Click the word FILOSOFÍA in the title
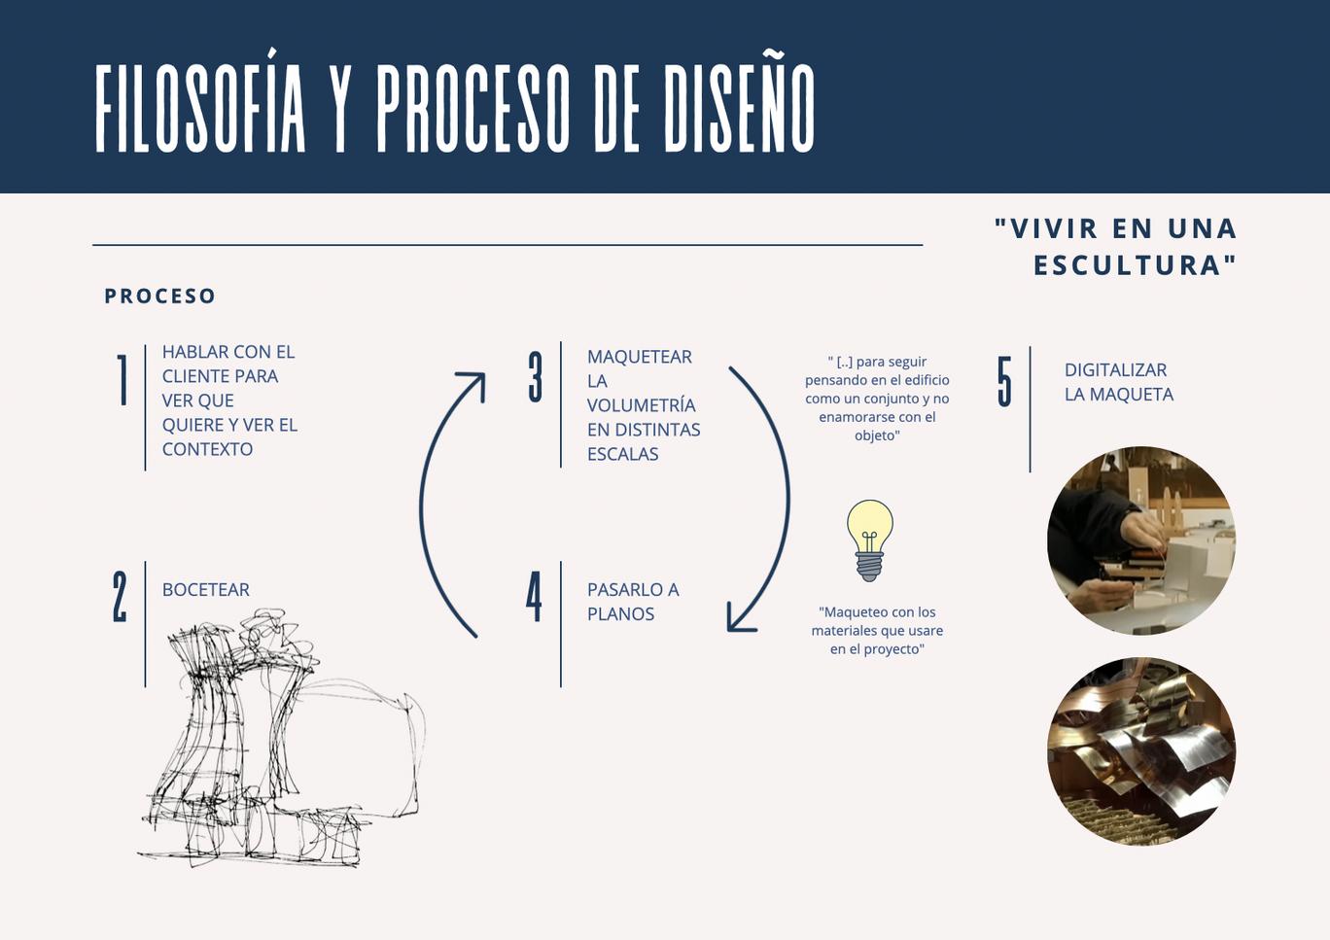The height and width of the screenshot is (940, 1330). [201, 109]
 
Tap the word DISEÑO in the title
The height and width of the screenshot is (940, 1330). [739, 109]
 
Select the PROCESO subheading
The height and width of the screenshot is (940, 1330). [160, 296]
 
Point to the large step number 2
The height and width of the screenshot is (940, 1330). [120, 596]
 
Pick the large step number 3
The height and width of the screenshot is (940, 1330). [535, 377]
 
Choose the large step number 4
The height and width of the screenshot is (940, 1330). [534, 596]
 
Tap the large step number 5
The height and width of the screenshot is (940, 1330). [1004, 381]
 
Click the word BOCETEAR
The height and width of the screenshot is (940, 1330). [206, 590]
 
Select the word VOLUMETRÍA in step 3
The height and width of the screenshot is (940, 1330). [642, 405]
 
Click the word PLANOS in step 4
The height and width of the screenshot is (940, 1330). [620, 614]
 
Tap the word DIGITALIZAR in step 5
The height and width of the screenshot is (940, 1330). [1115, 370]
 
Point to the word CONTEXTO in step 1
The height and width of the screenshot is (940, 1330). [207, 449]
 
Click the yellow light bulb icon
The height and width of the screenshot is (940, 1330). [869, 540]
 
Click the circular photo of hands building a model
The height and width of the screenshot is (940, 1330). [1141, 540]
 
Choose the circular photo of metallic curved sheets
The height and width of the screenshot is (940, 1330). [1141, 751]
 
